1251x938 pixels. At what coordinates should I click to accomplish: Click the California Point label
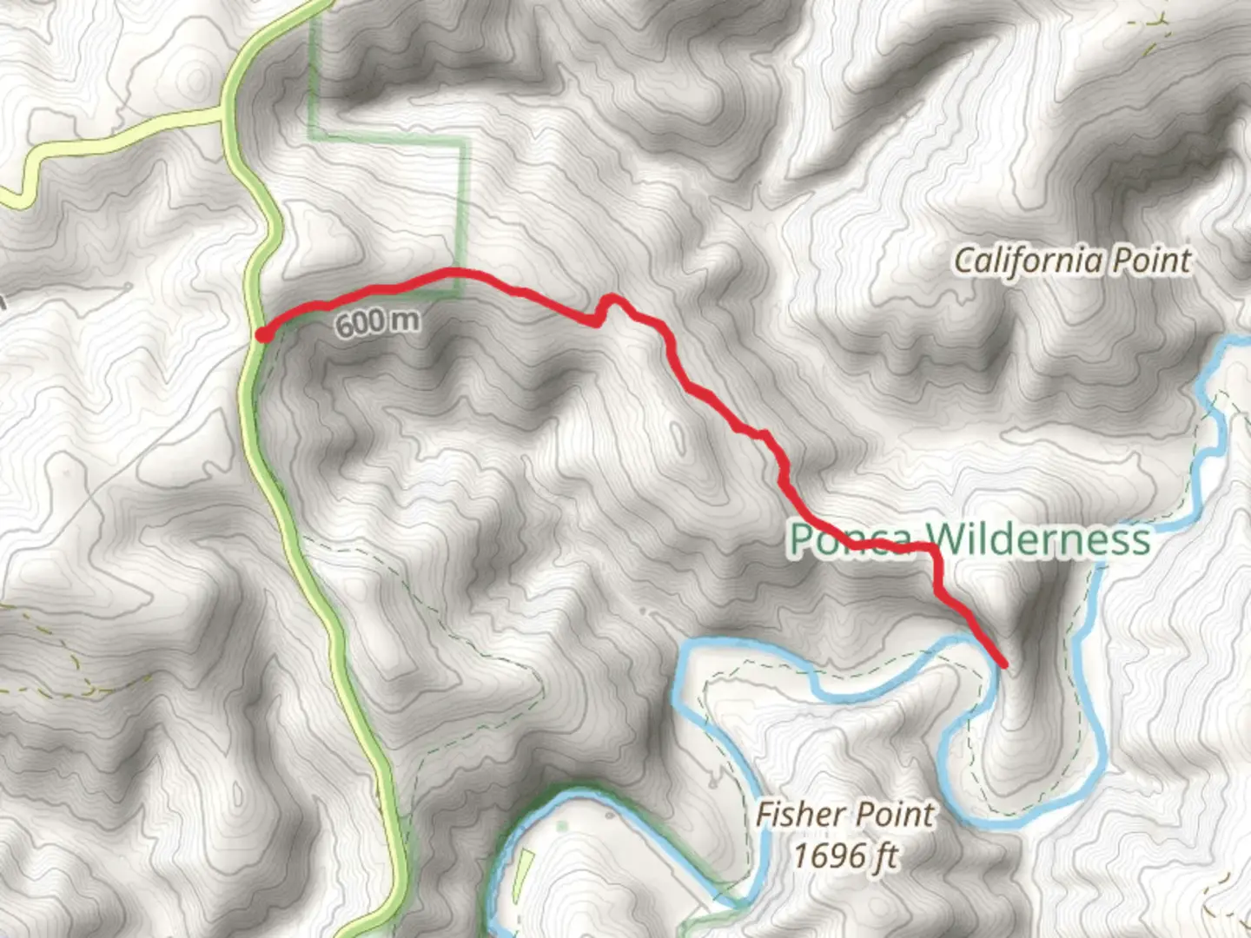coord(1073,261)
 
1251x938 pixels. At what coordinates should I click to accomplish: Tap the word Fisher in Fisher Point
coord(797,815)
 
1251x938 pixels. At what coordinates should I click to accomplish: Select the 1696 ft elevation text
coord(844,855)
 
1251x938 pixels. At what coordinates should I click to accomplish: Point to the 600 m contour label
coord(377,322)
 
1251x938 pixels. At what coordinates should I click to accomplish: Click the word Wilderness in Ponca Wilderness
coord(1037,539)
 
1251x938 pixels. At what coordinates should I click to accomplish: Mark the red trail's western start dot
coord(261,334)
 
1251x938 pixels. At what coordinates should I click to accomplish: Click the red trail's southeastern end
coord(1004,664)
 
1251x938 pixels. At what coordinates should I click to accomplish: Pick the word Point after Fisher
coord(894,815)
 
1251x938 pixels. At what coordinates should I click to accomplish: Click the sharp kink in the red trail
coord(599,321)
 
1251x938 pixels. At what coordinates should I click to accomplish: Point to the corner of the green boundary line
coord(463,142)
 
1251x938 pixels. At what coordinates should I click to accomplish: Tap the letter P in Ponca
coord(801,539)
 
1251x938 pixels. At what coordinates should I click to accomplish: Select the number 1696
coord(824,855)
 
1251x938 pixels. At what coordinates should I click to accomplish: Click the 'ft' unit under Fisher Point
coord(884,855)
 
